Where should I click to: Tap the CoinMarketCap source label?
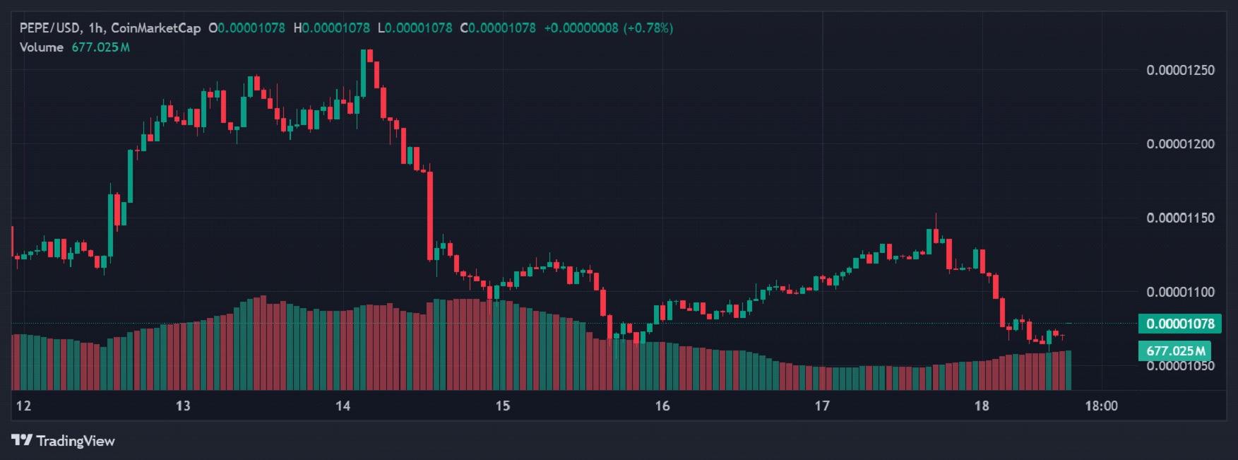coord(155,28)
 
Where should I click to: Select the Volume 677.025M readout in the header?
coord(74,47)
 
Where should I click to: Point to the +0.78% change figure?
coord(648,28)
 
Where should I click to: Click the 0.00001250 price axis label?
coord(1180,70)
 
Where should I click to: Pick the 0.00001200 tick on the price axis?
coord(1180,144)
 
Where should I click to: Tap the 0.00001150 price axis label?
coord(1180,218)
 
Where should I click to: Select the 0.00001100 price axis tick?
coord(1180,292)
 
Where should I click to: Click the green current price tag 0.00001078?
coord(1179,324)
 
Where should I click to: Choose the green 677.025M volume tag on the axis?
coord(1175,350)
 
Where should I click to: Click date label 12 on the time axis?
coord(23,406)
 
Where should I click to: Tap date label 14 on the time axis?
coord(343,406)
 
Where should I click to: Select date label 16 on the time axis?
coord(662,406)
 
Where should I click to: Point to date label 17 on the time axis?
coord(821,406)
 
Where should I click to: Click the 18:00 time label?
coord(1101,406)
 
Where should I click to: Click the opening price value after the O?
coord(251,28)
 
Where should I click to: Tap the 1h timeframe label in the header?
coord(95,28)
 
